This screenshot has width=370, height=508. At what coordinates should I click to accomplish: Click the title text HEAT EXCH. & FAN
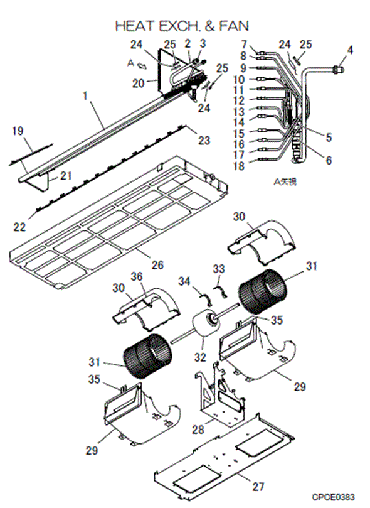182,26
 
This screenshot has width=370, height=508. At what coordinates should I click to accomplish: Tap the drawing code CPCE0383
334,497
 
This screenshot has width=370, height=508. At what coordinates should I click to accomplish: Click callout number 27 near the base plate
258,486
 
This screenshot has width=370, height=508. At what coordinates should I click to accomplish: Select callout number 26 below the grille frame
157,265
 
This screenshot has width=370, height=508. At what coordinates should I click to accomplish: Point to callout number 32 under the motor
200,357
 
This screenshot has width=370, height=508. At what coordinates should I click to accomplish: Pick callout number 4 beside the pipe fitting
350,50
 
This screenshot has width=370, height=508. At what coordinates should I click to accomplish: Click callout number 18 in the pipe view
240,166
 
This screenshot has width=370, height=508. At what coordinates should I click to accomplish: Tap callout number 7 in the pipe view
244,45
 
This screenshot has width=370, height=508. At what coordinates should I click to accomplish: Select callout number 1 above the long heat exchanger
85,96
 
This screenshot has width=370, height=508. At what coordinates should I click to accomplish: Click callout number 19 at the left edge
18,131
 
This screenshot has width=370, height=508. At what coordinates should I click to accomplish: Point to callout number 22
19,227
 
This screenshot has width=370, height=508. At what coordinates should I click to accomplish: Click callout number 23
204,140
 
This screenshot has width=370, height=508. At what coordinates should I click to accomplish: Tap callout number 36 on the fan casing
137,276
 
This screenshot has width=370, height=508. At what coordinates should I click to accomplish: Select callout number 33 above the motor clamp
219,269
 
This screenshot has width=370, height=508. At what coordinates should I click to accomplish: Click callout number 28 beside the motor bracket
198,430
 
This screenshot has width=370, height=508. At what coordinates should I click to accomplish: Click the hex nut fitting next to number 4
337,69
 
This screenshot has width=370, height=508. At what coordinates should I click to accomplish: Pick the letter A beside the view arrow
130,63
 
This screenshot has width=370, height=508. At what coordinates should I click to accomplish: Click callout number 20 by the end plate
138,84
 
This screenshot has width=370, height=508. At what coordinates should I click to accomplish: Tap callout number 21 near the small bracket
66,176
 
